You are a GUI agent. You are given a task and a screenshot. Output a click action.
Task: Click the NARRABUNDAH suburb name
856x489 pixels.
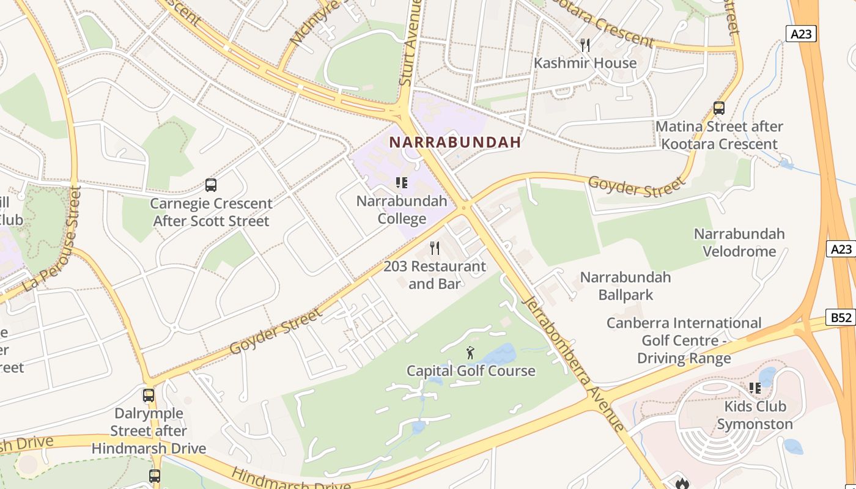pos(455,142)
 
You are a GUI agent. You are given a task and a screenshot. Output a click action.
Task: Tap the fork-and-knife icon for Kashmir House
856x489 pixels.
pos(585,45)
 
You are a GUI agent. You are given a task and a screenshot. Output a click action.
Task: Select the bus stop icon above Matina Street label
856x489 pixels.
pos(719,108)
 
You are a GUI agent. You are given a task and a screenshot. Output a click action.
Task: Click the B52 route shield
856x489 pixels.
pos(841,317)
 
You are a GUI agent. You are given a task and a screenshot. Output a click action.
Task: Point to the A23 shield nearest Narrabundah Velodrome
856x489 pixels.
pos(841,249)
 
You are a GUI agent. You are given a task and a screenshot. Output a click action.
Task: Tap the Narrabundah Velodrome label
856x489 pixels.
pos(739,243)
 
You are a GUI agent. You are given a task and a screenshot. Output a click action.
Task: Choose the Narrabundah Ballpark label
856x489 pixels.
pos(625,286)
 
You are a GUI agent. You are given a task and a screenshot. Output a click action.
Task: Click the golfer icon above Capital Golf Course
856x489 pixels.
pos(470,353)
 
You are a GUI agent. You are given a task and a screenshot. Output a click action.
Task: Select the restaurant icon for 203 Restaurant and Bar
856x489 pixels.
pos(435,248)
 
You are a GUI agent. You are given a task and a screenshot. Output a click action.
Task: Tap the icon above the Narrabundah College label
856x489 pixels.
pos(401,182)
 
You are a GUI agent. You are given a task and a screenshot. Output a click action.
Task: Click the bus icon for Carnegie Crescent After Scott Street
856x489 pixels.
pos(211,185)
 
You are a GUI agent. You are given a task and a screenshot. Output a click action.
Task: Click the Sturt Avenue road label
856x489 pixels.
pos(410,43)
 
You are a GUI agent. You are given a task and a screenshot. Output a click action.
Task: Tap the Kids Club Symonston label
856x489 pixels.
pos(755,415)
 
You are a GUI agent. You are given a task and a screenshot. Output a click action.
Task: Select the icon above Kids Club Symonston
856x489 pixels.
pos(755,388)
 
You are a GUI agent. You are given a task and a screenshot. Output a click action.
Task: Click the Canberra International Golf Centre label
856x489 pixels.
pos(684,340)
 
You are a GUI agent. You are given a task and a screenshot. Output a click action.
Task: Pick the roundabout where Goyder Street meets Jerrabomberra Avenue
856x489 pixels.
pos(465,207)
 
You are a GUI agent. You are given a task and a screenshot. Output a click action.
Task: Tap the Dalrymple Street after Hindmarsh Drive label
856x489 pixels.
pos(149,431)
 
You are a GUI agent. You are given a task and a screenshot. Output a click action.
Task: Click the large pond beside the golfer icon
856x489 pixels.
pos(501,355)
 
